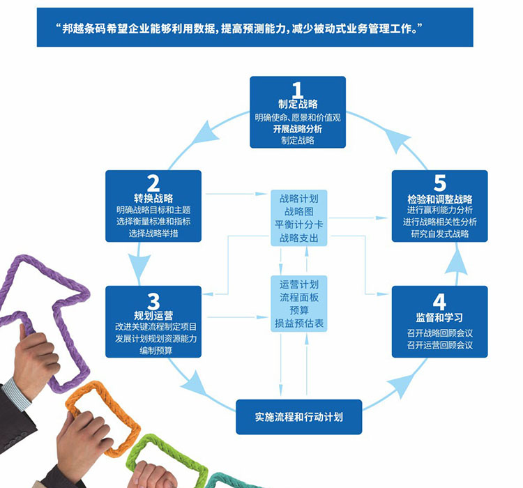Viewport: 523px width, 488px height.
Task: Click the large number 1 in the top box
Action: (x=298, y=90)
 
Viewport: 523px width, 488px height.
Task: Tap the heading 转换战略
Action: (x=153, y=197)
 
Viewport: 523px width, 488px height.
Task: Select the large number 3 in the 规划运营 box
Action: (x=153, y=300)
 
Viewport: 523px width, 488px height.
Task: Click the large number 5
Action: (x=439, y=183)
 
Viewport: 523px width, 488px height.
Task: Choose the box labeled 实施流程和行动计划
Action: (x=298, y=418)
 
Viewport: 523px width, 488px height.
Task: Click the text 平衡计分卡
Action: (x=299, y=224)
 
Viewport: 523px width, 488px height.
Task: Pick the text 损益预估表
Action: (x=299, y=323)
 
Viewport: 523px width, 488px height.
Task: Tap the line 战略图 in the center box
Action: (x=299, y=211)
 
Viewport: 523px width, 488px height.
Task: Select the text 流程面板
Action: (x=299, y=298)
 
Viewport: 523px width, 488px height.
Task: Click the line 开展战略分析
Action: (x=298, y=129)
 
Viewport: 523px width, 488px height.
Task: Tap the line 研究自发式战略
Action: (x=439, y=234)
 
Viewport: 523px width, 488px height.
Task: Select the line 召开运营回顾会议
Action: (x=439, y=345)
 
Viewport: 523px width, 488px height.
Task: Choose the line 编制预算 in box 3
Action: (x=153, y=351)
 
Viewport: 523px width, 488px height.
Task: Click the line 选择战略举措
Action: (x=153, y=234)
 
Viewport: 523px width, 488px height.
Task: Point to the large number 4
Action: (x=439, y=301)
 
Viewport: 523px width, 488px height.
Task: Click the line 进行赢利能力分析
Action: (x=439, y=210)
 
